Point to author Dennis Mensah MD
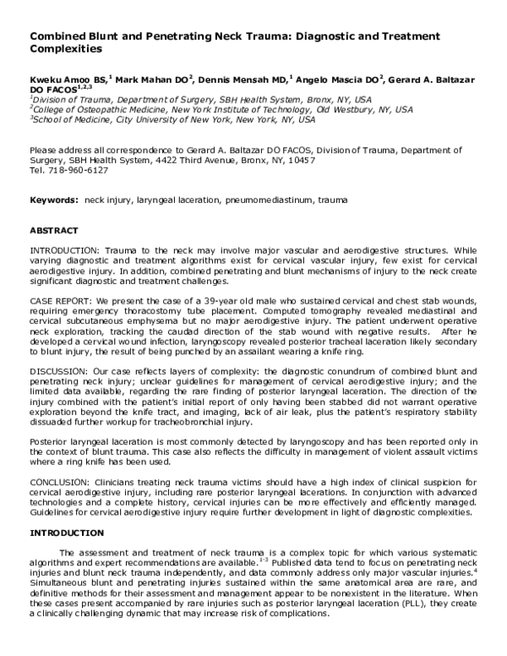[x=243, y=78]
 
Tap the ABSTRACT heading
[x=54, y=230]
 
